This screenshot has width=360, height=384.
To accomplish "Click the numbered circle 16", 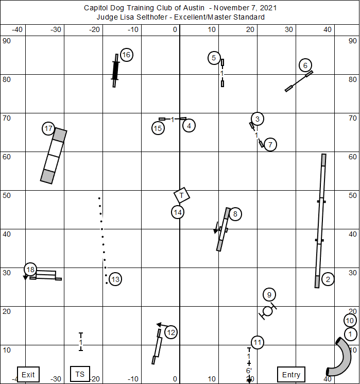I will click(126, 55).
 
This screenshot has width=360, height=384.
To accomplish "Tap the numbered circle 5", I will click(215, 58).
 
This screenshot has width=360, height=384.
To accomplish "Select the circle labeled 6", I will click(305, 65).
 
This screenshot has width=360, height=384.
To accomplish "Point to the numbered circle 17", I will click(48, 128).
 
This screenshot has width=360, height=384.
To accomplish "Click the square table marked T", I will click(182, 195).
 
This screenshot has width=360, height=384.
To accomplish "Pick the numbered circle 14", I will click(178, 212).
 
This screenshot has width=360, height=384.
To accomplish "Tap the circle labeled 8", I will click(235, 214).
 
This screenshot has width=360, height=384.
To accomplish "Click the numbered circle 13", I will click(115, 279).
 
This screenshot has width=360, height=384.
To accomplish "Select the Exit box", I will click(28, 374).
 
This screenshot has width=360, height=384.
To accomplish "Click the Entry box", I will click(290, 374).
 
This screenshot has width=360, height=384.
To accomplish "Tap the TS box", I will click(80, 374).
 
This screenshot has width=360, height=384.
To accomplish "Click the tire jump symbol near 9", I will click(267, 311).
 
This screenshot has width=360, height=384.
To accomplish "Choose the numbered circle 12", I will click(171, 332).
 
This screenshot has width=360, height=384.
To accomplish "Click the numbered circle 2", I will click(328, 279).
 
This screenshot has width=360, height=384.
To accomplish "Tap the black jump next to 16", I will click(115, 70).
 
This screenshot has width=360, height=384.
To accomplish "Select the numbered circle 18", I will click(30, 270).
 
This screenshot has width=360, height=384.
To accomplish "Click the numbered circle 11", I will click(258, 342).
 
